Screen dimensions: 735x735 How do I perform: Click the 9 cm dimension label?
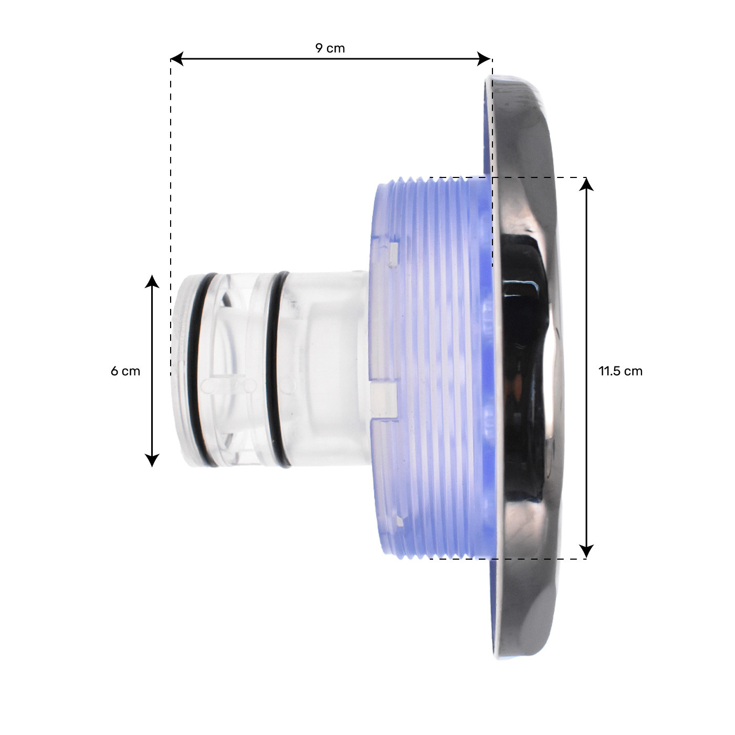[x=330, y=48]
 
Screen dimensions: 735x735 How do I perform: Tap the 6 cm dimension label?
[x=125, y=371]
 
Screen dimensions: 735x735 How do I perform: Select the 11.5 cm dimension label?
[x=621, y=371]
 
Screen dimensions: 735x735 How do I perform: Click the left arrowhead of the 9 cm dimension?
[x=176, y=59]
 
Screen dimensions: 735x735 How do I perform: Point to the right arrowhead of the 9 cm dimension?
[x=484, y=59]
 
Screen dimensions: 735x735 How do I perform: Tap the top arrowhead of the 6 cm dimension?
[x=152, y=281]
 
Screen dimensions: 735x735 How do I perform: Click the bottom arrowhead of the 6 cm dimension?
[x=152, y=460]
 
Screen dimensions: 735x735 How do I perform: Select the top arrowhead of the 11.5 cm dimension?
[x=586, y=184]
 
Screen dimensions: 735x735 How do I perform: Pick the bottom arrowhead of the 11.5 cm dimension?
[x=586, y=552]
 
